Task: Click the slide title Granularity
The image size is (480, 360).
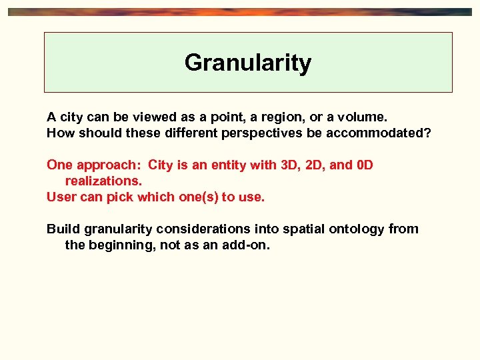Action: coord(248,63)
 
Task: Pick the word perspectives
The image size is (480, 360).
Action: coord(267,133)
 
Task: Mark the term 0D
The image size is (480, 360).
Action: coord(365,165)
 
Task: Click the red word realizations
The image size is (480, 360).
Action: coord(103,181)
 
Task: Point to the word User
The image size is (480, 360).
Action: coord(60,197)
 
